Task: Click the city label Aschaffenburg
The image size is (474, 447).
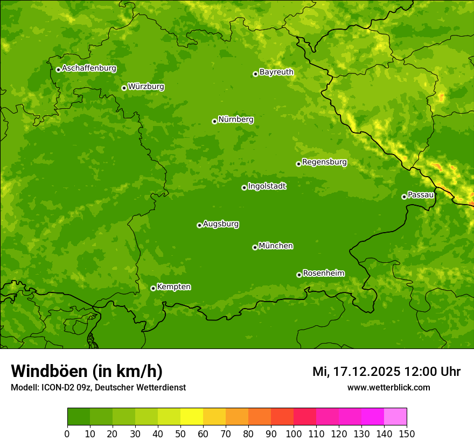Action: pyautogui.click(x=89, y=68)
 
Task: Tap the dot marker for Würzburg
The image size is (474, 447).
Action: pyautogui.click(x=124, y=88)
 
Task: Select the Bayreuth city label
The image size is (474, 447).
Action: pyautogui.click(x=276, y=72)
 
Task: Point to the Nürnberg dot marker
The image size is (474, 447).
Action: pyautogui.click(x=214, y=121)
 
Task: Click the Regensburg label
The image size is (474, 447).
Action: pyautogui.click(x=324, y=162)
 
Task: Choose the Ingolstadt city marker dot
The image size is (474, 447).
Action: pyautogui.click(x=244, y=187)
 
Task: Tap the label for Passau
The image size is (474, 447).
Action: pyautogui.click(x=421, y=195)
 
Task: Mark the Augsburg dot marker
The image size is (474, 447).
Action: pyautogui.click(x=199, y=225)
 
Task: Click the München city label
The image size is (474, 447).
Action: pyautogui.click(x=276, y=246)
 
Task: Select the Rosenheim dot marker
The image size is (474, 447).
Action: pyautogui.click(x=299, y=275)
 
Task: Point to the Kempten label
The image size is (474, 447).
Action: pyautogui.click(x=173, y=287)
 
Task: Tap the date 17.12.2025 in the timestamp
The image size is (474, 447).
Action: pyautogui.click(x=366, y=372)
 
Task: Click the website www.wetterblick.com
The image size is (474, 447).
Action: pyautogui.click(x=388, y=388)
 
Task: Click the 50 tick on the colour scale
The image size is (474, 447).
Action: pyautogui.click(x=180, y=434)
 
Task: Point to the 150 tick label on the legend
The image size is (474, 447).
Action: pyautogui.click(x=407, y=434)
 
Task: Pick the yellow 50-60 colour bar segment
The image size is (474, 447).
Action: pyautogui.click(x=191, y=417)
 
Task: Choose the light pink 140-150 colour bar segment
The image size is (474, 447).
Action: pyautogui.click(x=395, y=417)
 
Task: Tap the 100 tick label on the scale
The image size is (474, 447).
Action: pyautogui.click(x=293, y=434)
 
